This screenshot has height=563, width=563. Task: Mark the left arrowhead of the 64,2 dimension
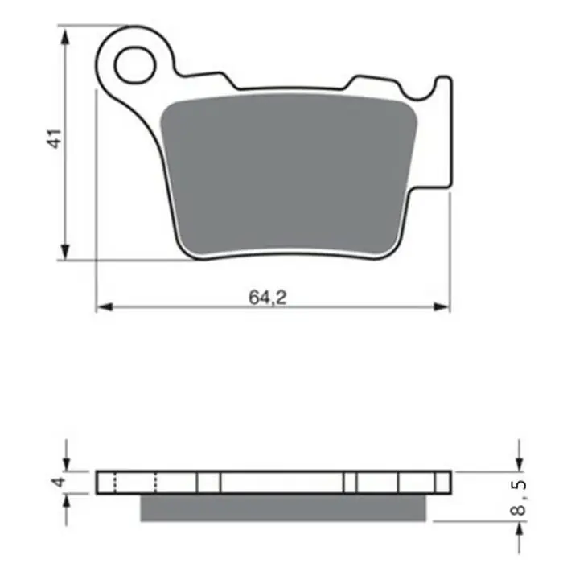(x=103, y=306)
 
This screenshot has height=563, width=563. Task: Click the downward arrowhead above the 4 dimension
(x=67, y=464)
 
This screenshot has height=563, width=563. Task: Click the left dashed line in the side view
(x=116, y=483)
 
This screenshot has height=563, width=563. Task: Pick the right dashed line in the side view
(x=156, y=483)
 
